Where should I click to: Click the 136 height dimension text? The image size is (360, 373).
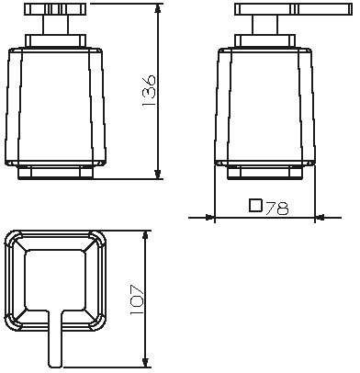point(149,90)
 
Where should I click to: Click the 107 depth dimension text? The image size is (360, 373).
point(137,300)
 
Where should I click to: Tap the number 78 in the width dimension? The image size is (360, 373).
point(276,209)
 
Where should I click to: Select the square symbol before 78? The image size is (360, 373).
point(255,206)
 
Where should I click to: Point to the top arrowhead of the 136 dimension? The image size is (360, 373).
point(157,9)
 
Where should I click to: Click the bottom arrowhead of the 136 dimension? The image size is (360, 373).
point(157,174)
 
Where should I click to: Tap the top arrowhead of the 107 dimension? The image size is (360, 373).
point(146,236)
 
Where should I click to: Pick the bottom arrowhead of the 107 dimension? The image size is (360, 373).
point(146,362)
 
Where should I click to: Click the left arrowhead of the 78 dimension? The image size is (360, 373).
point(209,218)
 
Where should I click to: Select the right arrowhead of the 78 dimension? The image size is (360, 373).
point(320,218)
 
